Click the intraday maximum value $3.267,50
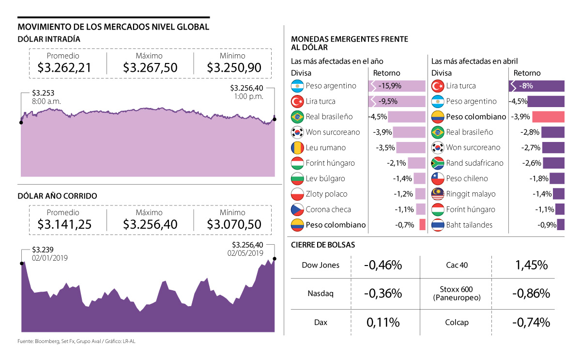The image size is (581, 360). pyautogui.click(x=150, y=67)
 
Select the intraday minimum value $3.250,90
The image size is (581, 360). pyautogui.click(x=234, y=67)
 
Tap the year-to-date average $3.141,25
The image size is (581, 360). pyautogui.click(x=64, y=224)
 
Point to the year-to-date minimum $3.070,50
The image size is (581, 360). pyautogui.click(x=234, y=224)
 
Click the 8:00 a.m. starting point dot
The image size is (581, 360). pyautogui.click(x=21, y=122)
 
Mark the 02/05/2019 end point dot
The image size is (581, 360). pyautogui.click(x=275, y=258)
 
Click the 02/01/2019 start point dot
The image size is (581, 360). pyautogui.click(x=21, y=263)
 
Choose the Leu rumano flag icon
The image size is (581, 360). pyautogui.click(x=297, y=148)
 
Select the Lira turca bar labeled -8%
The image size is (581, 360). pyautogui.click(x=536, y=86)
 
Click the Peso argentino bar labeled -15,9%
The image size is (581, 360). pyautogui.click(x=397, y=86)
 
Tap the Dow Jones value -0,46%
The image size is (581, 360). pyautogui.click(x=383, y=265)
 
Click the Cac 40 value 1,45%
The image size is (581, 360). pyautogui.click(x=531, y=265)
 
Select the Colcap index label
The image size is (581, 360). pyautogui.click(x=457, y=322)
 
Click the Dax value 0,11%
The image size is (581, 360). pyautogui.click(x=383, y=322)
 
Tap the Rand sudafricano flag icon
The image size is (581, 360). pyautogui.click(x=437, y=163)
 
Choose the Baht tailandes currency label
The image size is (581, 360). pyautogui.click(x=469, y=225)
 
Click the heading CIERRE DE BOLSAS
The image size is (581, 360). pyautogui.click(x=323, y=245)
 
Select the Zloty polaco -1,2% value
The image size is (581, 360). pyautogui.click(x=403, y=194)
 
